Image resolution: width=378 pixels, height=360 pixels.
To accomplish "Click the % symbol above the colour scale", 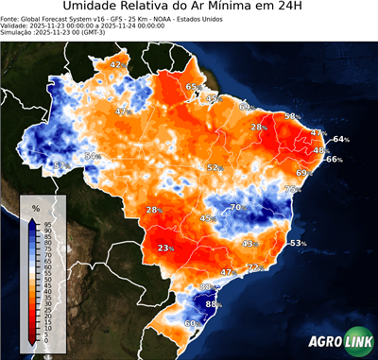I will click(35, 207).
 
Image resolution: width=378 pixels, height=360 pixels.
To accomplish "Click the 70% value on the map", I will click(240, 207).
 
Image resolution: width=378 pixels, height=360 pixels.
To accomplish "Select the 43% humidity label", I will click(249, 244).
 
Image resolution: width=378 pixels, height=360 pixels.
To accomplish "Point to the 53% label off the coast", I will click(298, 244).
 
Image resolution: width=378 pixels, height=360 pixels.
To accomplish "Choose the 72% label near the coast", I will click(254, 268).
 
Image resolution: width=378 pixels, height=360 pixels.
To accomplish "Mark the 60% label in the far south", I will click(191, 323).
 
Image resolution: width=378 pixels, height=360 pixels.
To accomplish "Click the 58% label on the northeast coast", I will click(292, 116).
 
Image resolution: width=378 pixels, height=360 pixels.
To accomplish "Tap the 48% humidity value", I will click(320, 150).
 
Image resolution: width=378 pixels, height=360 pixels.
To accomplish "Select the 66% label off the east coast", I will click(333, 160).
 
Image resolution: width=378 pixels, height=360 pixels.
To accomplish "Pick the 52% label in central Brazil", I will click(215, 167).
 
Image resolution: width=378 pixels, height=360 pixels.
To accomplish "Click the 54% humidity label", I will click(93, 156).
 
